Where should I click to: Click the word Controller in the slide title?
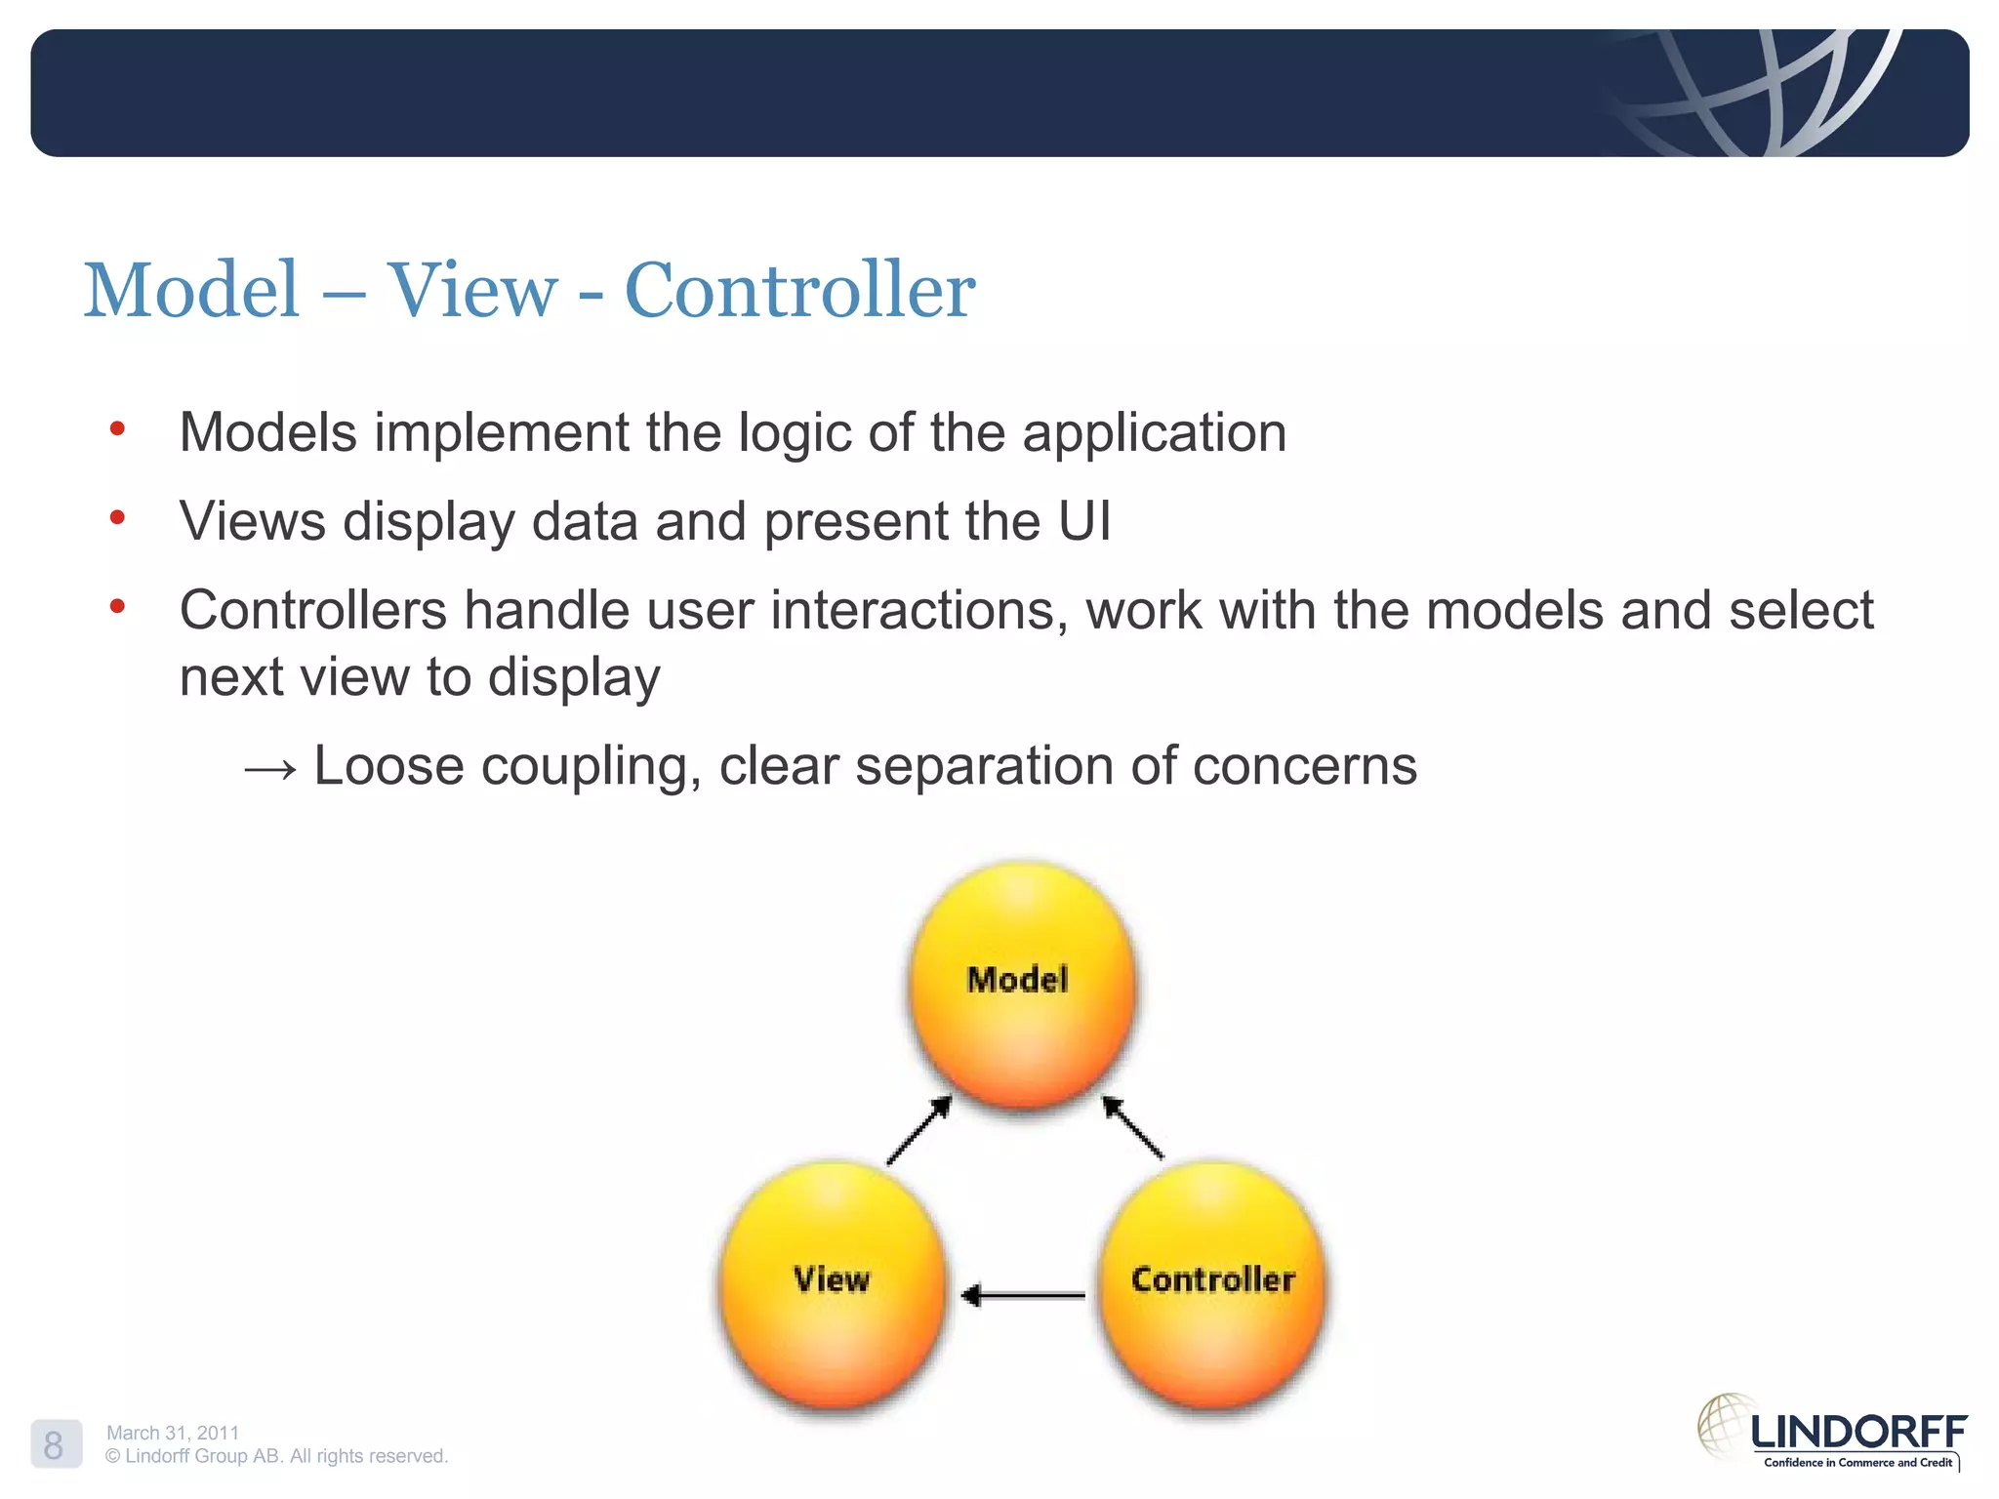pyautogui.click(x=798, y=290)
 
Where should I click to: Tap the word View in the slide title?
pyautogui.click(x=472, y=290)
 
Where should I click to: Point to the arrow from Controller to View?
pyautogui.click(x=1023, y=1295)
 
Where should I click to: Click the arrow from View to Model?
pyautogui.click(x=918, y=1130)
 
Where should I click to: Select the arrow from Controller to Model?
pyautogui.click(x=1132, y=1127)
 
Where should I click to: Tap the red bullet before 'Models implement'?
pyautogui.click(x=118, y=428)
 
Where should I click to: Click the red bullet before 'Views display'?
pyautogui.click(x=118, y=517)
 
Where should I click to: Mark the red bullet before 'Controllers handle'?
pyautogui.click(x=118, y=607)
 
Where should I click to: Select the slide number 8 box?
pyautogui.click(x=55, y=1444)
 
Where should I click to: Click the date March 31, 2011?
pyautogui.click(x=173, y=1432)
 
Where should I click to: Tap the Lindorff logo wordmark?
pyautogui.click(x=1857, y=1433)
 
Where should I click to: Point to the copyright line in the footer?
pyautogui.click(x=276, y=1455)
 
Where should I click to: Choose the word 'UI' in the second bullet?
pyautogui.click(x=1084, y=521)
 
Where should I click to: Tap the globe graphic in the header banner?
pyautogui.click(x=1757, y=93)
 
